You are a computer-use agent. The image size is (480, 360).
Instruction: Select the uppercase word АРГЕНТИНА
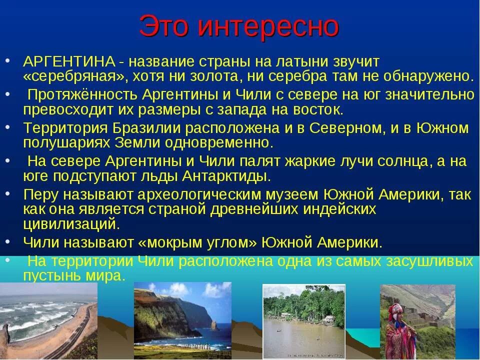tap(69, 62)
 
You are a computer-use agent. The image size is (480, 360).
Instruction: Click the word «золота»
tap(214, 76)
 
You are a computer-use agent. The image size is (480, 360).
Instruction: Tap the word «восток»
tap(318, 110)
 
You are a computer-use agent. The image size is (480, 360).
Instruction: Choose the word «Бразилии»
tap(146, 128)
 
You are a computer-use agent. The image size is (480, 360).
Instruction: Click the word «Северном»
tap(346, 128)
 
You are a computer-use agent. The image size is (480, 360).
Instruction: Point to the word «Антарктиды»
tap(226, 176)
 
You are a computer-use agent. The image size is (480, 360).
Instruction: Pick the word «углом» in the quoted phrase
tap(233, 243)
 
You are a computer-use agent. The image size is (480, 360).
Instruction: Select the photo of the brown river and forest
tap(304, 321)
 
